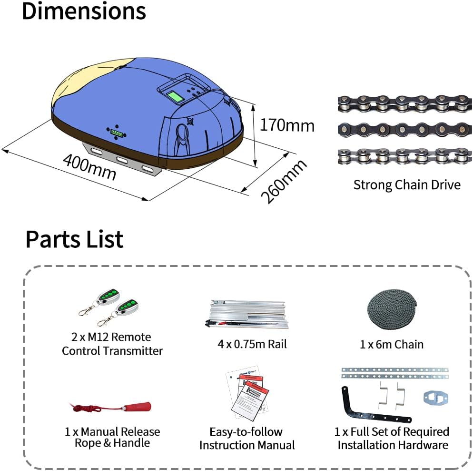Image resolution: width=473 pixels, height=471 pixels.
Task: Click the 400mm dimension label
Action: [89, 167]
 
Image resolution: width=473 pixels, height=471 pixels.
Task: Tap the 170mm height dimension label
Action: [287, 125]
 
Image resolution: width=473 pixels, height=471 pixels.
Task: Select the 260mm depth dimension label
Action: [284, 182]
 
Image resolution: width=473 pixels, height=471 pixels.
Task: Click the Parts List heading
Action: [74, 239]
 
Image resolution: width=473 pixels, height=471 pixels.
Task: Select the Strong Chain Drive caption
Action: [407, 185]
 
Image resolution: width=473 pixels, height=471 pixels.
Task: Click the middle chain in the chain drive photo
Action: [404, 129]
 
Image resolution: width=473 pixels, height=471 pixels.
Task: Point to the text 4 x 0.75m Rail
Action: [252, 344]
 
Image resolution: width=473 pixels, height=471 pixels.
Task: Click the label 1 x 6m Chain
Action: [392, 344]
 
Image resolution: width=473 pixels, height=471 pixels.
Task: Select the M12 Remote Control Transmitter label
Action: [112, 344]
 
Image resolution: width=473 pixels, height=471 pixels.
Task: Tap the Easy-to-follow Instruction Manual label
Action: [246, 439]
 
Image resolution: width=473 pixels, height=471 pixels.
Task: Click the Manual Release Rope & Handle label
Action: [112, 437]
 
